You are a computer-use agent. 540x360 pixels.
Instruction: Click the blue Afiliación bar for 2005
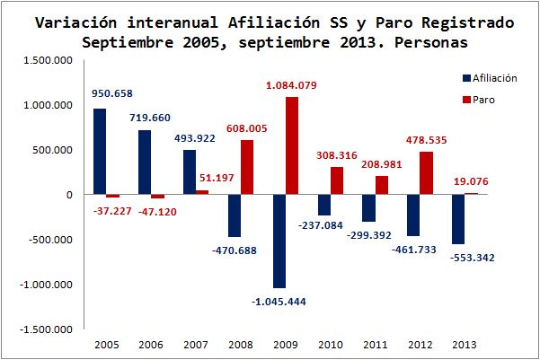coord(100,152)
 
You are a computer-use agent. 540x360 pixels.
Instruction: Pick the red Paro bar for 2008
coord(247,167)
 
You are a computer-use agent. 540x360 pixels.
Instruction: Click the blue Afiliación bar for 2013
coord(458,219)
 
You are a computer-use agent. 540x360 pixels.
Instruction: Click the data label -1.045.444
coord(279,301)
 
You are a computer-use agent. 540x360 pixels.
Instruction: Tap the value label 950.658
coord(112,92)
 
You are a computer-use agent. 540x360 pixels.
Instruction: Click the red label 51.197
coord(215,180)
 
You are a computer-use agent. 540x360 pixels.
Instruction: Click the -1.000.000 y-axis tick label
coord(49,285)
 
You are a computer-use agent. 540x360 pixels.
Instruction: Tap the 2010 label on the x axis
coord(330,344)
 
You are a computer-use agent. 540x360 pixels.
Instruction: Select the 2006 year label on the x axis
coord(151,344)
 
